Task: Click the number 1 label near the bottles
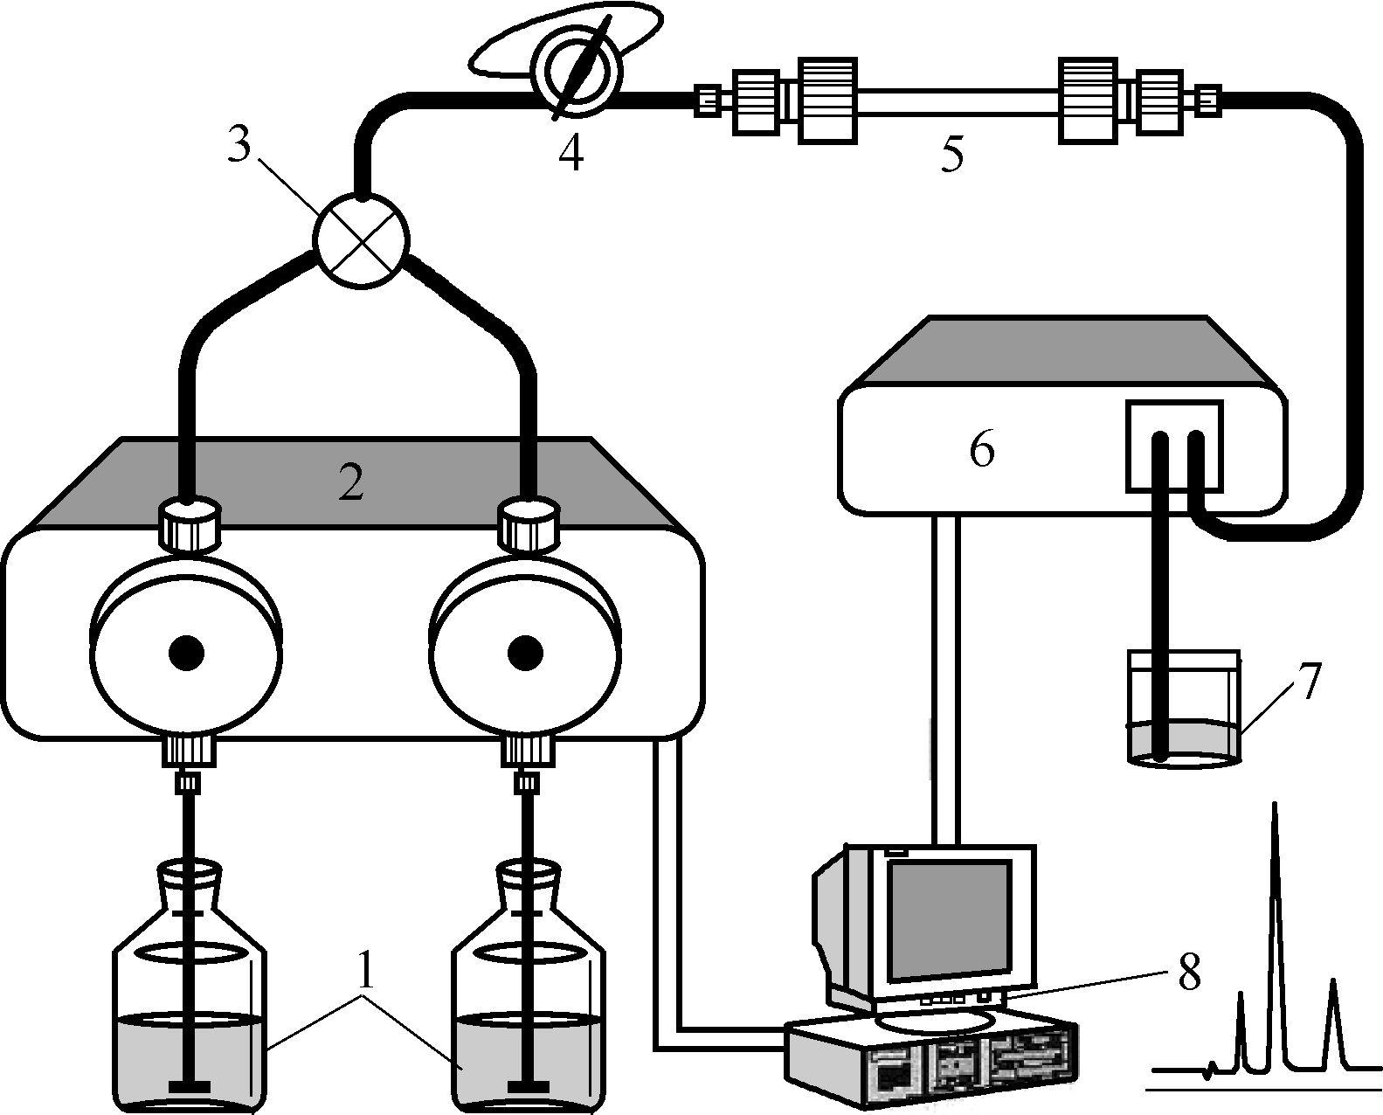[x=364, y=975]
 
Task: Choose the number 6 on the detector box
[x=981, y=449]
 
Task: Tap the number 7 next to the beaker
[x=1303, y=682]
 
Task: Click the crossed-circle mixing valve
[x=361, y=240]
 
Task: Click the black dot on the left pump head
[x=186, y=653]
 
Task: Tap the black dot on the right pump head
[x=526, y=653]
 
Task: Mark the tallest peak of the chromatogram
[x=1275, y=805]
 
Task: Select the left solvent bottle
[x=189, y=987]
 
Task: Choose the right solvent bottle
[x=529, y=987]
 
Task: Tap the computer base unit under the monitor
[x=933, y=1061]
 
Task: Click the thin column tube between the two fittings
[x=957, y=101]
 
